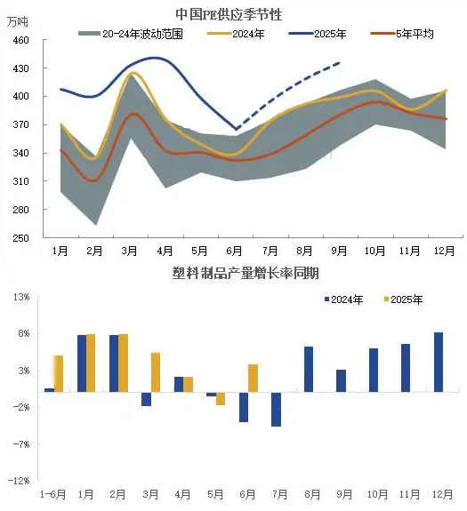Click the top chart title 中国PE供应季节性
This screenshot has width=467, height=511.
pos(229,14)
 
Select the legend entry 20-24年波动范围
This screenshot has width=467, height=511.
pos(131,34)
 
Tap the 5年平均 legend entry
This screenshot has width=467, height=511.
pos(402,34)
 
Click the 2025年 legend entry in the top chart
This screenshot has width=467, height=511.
pos(318,34)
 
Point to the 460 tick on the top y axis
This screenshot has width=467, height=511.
pos(20,40)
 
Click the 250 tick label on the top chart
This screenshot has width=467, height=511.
pos(20,238)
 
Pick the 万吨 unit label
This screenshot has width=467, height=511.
pos(18,22)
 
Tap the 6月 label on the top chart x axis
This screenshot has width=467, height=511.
pos(234,251)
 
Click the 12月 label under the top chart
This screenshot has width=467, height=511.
pos(444,251)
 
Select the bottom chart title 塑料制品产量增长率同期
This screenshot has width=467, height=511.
pos(246,273)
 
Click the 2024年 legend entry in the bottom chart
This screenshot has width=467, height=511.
pos(343,299)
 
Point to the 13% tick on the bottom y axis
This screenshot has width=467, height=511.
pos(21,297)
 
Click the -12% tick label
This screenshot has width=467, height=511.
pos(19,481)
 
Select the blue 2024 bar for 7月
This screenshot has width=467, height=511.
pos(277,409)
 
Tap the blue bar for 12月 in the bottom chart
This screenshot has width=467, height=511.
pos(439,362)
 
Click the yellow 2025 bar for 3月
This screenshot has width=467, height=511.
pos(156,372)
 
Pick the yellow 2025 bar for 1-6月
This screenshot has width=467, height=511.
pos(59,374)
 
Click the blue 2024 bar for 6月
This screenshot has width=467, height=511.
pos(244,407)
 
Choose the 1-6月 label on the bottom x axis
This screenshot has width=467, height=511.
pos(52,494)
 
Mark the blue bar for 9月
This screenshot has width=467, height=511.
pos(341,380)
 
